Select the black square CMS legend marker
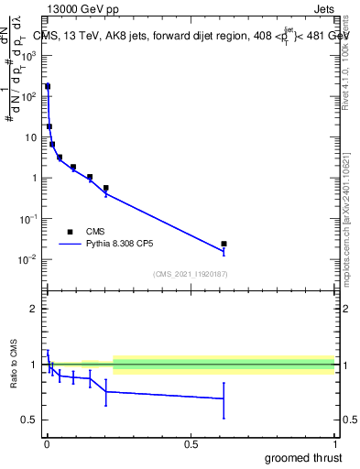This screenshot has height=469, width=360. (x=69, y=232)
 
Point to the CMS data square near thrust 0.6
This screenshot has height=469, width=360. (x=224, y=244)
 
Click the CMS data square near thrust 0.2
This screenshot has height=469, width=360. (x=106, y=188)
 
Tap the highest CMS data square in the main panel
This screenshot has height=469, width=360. (x=48, y=86)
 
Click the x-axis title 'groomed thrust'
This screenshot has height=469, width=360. (x=302, y=457)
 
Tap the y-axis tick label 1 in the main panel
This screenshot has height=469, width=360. (x=35, y=178)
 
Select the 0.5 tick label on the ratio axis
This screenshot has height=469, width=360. (x=29, y=420)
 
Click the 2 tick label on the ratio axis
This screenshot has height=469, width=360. (x=35, y=310)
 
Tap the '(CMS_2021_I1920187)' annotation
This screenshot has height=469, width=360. (x=191, y=273)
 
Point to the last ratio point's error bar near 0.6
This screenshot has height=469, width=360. (x=224, y=398)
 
